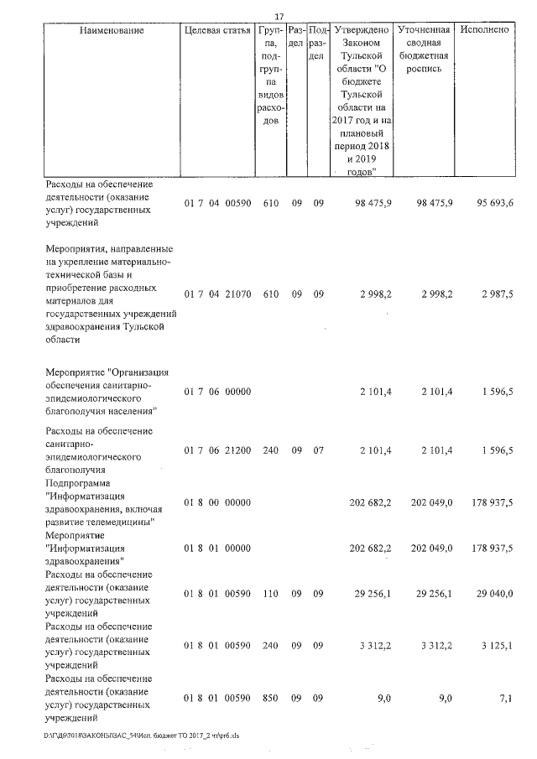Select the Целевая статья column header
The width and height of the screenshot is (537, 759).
217,30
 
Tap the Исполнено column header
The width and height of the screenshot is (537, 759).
485,30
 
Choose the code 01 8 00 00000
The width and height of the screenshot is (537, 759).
216,502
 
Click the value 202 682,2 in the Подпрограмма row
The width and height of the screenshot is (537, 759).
370,502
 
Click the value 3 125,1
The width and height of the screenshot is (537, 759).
495,645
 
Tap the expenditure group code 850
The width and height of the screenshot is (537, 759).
270,698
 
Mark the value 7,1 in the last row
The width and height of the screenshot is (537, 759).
503,698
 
